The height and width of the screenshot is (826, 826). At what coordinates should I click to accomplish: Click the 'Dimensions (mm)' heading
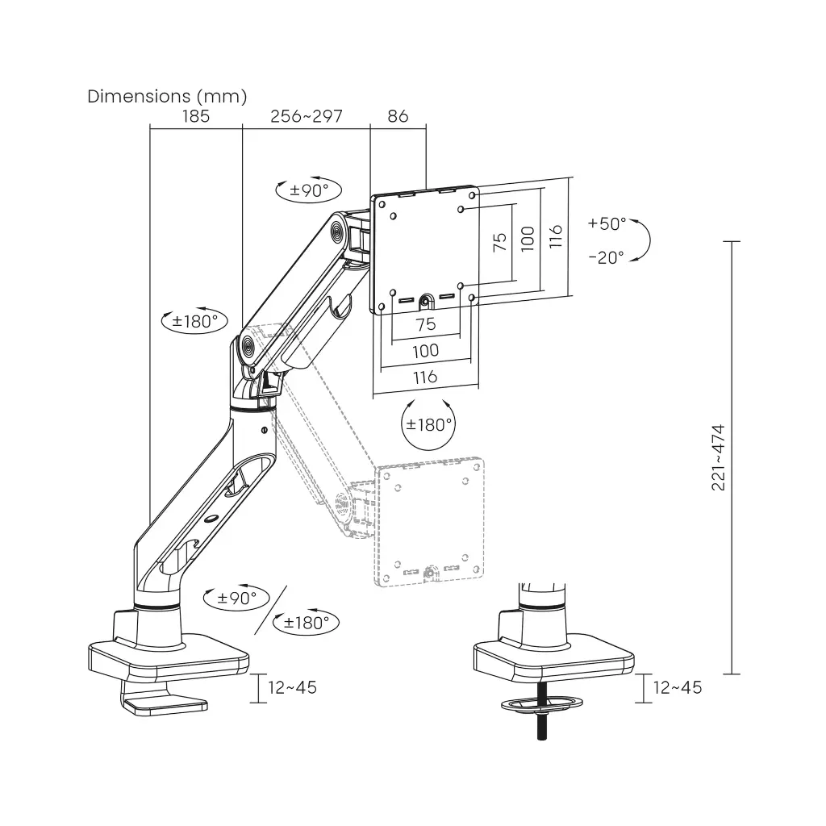(167, 96)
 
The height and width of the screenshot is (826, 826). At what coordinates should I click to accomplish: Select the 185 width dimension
(195, 116)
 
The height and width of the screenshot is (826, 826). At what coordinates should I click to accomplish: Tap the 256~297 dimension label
(307, 116)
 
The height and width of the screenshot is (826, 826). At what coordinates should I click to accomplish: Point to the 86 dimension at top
(398, 116)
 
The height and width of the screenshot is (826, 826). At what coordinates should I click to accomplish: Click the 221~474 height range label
(719, 457)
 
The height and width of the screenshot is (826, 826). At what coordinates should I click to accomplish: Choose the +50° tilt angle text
(607, 223)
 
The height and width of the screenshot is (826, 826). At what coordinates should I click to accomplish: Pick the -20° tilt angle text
(606, 257)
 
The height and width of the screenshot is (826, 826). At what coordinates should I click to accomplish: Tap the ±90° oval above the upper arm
(309, 190)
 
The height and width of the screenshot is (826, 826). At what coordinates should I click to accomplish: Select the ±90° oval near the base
(237, 598)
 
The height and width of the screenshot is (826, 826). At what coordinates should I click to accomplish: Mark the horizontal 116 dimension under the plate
(425, 377)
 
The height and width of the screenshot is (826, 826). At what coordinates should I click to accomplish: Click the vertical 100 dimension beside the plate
(527, 239)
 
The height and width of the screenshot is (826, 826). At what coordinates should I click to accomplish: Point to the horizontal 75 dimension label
(425, 324)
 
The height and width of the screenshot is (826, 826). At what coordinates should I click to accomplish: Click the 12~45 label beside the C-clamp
(293, 687)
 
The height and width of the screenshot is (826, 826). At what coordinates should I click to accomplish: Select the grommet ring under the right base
(541, 705)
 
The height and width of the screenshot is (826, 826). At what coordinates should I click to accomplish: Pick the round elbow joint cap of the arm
(246, 349)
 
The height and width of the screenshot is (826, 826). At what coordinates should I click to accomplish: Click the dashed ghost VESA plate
(432, 520)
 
